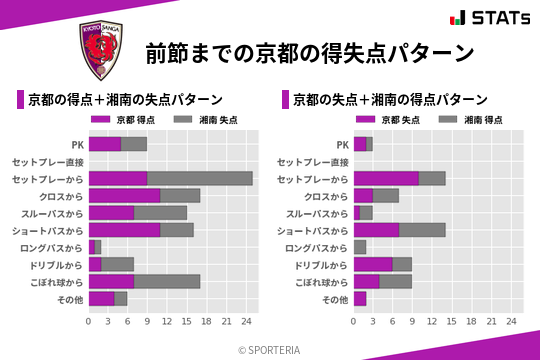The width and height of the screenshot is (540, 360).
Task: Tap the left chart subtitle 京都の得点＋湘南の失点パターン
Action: [125, 100]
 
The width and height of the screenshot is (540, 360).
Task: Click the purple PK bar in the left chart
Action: [105, 144]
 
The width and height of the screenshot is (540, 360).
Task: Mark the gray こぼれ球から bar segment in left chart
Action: [167, 281]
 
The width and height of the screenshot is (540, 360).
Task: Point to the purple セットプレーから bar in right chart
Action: [386, 178]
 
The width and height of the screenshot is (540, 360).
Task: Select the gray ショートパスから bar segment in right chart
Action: [429, 230]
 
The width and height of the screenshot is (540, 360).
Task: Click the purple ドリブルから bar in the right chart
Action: [372, 264]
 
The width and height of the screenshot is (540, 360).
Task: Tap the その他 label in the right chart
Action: [334, 298]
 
